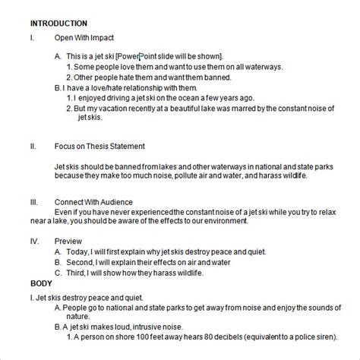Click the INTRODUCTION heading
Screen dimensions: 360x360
(x=56, y=24)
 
